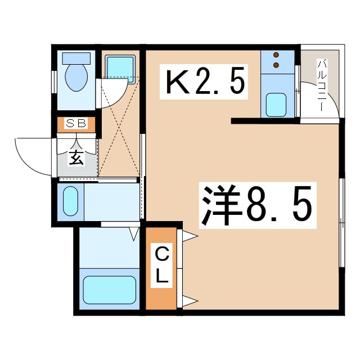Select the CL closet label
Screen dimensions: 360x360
click(x=161, y=267)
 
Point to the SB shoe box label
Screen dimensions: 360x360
click(x=76, y=124)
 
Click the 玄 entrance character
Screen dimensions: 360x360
click(x=76, y=157)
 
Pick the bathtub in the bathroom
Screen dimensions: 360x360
click(x=109, y=290)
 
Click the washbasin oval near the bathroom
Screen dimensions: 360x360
click(x=70, y=201)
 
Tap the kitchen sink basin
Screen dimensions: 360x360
click(x=277, y=103)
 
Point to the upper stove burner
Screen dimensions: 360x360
click(x=277, y=56)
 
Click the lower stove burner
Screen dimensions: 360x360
click(x=277, y=65)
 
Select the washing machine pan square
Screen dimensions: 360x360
click(x=120, y=67)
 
